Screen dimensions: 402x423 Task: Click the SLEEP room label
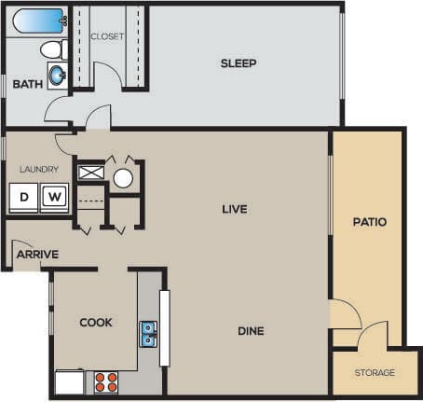pos(239,63)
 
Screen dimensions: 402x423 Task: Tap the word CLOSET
pos(108,36)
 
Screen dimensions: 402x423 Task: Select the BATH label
pos(27,85)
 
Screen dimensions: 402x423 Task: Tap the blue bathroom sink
pos(56,75)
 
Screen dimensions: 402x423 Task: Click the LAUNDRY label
pos(39,169)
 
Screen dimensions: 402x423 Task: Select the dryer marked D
pos(23,197)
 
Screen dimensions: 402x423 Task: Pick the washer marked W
pos(55,197)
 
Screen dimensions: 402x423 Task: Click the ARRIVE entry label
pos(38,254)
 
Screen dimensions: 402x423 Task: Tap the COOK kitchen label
pos(96,323)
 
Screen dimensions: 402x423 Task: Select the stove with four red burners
pos(105,381)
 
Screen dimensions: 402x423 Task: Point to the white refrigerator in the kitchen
pos(69,381)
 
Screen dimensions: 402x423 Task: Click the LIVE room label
pos(234,209)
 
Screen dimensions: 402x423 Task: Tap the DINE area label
pos(250,331)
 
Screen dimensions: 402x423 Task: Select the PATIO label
pos(369,222)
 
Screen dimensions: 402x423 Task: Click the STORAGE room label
pos(375,373)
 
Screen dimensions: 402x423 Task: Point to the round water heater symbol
pos(124,177)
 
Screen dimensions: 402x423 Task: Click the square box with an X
pos(91,173)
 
